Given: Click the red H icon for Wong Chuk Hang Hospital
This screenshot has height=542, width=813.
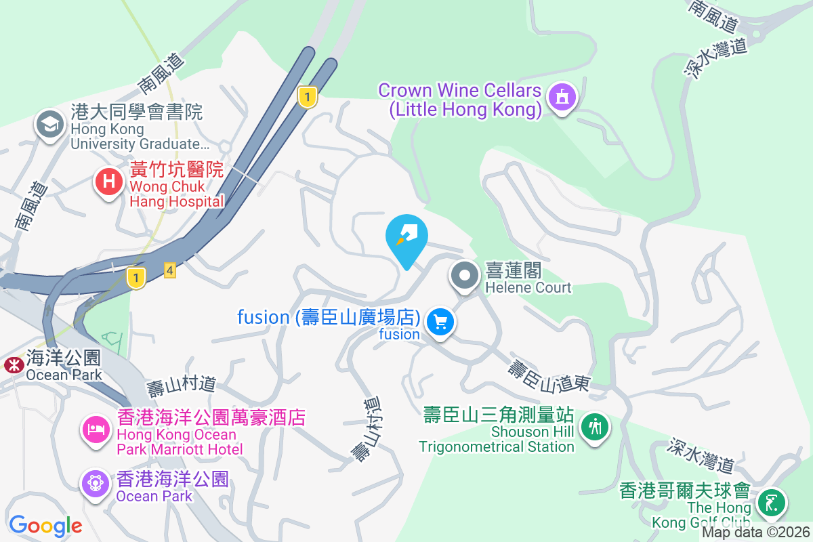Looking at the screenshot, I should click(108, 182).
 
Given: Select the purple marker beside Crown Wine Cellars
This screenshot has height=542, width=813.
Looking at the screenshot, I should click(562, 99).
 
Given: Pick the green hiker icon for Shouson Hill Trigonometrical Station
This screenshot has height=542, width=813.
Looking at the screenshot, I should click(596, 427).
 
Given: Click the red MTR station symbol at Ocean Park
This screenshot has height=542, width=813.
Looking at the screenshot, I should click(12, 365).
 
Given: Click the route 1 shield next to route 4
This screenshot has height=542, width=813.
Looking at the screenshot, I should click(137, 277).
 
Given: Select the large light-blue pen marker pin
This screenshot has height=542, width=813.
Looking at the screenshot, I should click(406, 238).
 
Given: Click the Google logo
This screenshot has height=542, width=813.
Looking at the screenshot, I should click(45, 525).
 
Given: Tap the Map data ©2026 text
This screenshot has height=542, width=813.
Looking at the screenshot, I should click(755, 533).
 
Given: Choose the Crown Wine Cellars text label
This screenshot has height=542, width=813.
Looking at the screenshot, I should click(460, 100).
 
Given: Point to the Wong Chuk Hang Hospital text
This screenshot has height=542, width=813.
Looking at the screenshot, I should click(176, 185).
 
